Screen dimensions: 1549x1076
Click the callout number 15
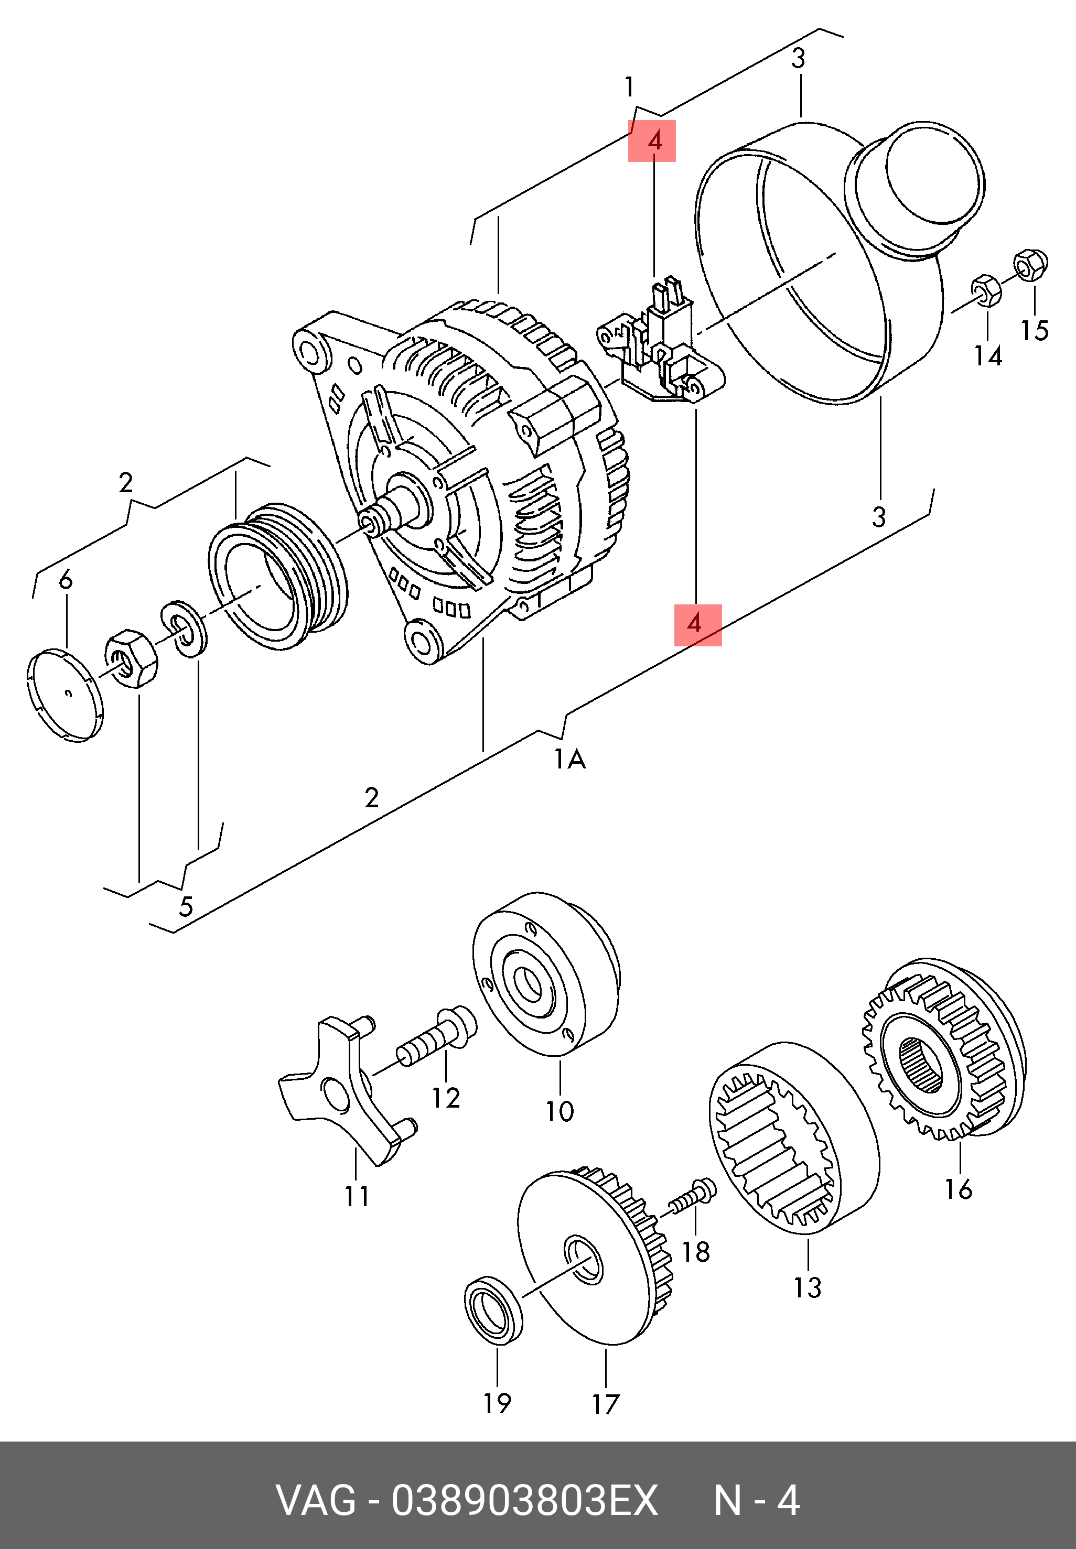1034,330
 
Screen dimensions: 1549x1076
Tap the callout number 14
988,356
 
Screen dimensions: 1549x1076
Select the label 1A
569,760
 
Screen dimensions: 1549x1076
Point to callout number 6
66,579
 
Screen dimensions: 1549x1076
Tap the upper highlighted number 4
652,142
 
